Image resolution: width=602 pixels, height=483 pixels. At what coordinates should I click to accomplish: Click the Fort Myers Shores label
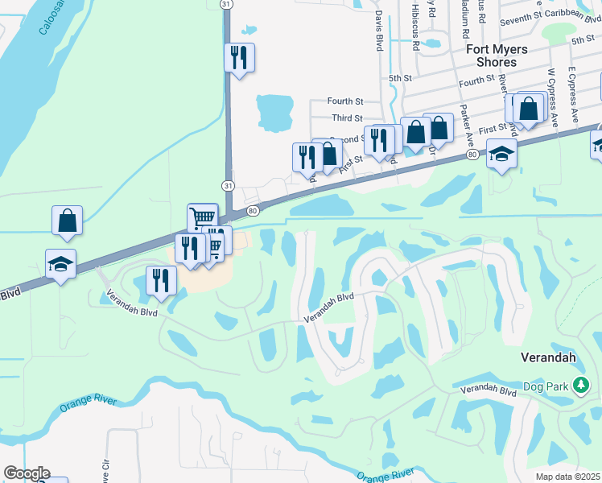click(x=497, y=56)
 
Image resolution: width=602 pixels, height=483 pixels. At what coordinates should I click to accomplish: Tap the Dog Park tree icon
click(x=581, y=387)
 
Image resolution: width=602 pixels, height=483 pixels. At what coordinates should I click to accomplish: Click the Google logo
click(x=26, y=473)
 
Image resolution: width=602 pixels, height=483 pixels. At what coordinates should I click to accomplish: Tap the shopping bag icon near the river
click(x=68, y=220)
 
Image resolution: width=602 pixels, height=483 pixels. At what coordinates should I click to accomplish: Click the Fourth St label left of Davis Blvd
click(x=346, y=101)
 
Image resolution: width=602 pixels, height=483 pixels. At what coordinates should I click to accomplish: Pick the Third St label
click(x=348, y=118)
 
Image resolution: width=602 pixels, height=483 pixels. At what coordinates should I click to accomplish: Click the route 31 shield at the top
click(x=228, y=5)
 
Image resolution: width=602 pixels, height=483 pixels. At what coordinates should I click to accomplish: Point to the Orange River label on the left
click(x=87, y=403)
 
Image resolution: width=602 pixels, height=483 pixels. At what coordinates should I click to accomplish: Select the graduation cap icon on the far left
click(x=60, y=265)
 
